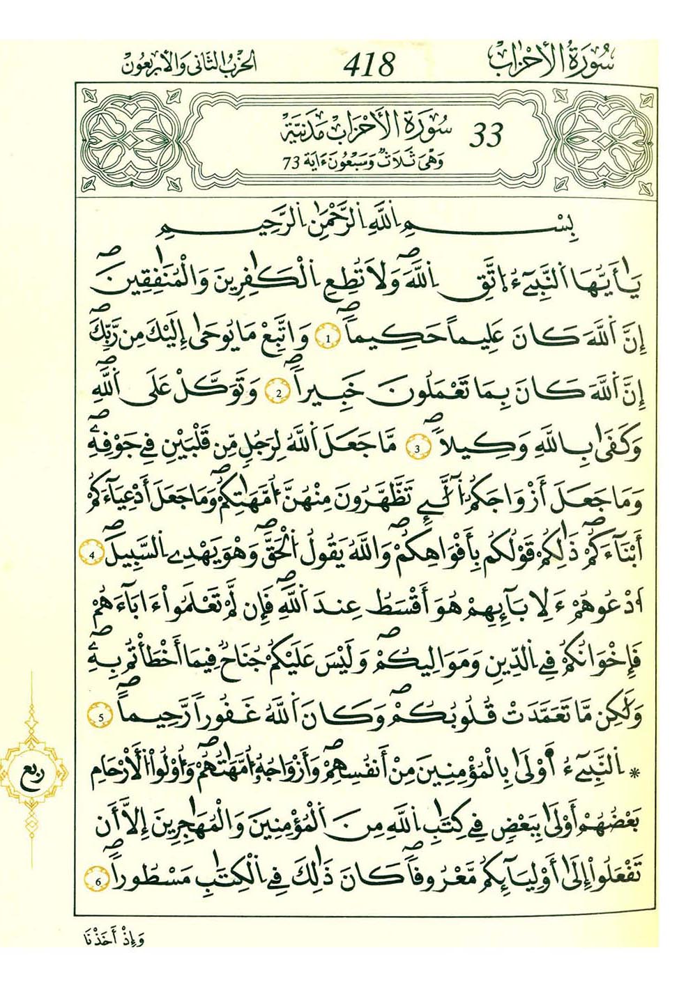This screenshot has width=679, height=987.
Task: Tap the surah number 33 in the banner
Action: click(x=486, y=136)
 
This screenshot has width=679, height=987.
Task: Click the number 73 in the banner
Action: click(x=291, y=163)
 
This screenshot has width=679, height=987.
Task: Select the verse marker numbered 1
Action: click(x=329, y=339)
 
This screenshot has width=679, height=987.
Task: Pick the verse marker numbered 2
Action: click(x=277, y=394)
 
